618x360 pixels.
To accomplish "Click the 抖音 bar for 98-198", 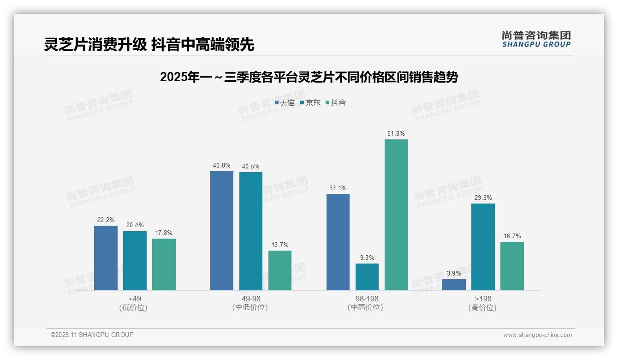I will [x=396, y=215].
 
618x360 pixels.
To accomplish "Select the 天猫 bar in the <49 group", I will [x=106, y=258].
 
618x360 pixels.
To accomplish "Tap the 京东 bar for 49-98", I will [x=251, y=231].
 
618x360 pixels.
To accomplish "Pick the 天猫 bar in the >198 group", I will [x=454, y=285].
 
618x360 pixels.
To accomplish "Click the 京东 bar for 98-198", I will [x=367, y=277].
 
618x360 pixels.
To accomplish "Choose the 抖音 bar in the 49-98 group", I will [x=280, y=270].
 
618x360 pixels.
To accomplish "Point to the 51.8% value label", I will [x=396, y=134].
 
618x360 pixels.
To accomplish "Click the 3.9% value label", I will [x=454, y=274].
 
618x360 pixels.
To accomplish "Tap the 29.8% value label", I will [x=483, y=198].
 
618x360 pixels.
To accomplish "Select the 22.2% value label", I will [x=106, y=220].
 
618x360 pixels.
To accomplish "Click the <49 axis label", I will [x=135, y=299].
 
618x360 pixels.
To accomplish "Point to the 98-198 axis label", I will [x=367, y=299].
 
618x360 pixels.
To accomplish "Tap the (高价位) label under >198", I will [x=483, y=307].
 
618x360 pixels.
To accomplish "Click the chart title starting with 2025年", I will [x=309, y=78].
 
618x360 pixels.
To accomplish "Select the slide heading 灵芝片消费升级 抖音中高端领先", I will [x=149, y=44].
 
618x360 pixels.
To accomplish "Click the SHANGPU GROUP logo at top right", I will [x=536, y=39].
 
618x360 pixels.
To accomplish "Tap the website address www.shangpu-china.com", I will [x=537, y=335].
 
